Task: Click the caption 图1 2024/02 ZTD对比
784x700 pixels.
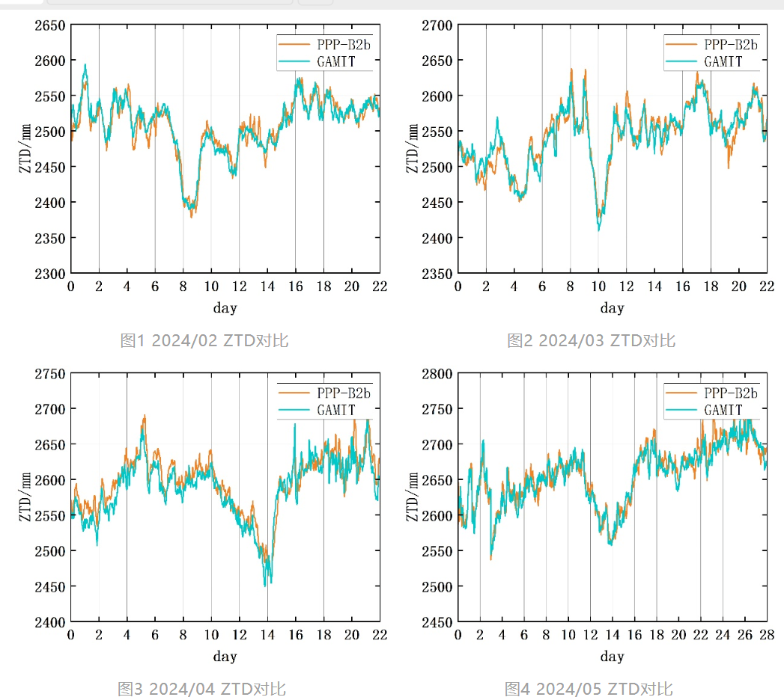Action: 204,341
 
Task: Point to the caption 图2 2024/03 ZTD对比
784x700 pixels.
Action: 591,341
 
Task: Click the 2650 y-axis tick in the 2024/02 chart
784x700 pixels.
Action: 49,25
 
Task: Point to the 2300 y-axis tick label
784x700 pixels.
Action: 49,274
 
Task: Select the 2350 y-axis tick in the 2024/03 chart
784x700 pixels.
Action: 437,274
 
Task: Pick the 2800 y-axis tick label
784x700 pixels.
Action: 437,374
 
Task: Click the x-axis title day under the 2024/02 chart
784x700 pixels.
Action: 225,308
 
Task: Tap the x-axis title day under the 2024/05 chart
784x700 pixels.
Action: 612,657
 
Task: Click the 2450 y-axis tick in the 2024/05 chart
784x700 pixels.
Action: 437,622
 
